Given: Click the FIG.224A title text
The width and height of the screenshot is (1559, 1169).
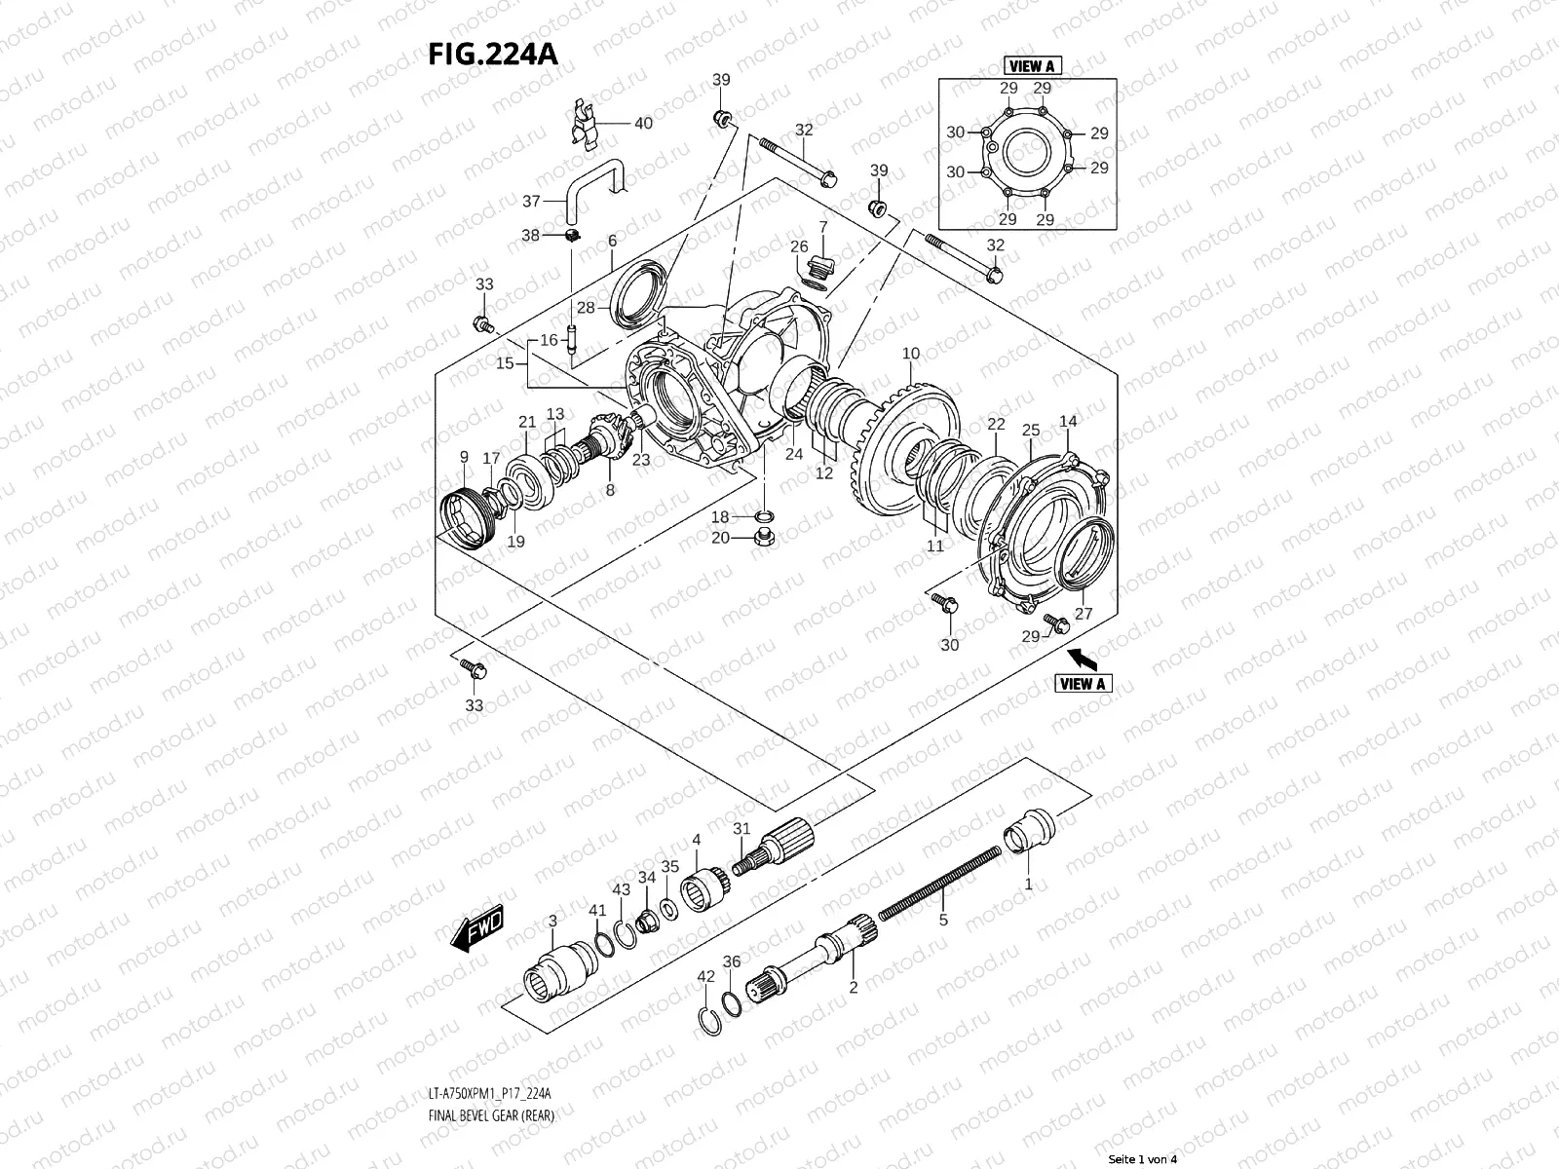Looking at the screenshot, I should pos(492,53).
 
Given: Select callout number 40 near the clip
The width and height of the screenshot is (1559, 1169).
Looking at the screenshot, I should pos(643,124).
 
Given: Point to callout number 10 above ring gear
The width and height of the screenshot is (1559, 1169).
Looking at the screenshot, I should pos(911,353).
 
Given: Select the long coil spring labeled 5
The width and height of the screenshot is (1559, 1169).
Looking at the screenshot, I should pos(940,881).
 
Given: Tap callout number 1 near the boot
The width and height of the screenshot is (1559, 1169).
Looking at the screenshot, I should pos(1028,885).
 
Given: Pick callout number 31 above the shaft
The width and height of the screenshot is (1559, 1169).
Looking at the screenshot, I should pos(742,828).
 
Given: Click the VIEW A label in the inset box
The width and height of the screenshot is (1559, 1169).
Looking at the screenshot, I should pos(1032,66).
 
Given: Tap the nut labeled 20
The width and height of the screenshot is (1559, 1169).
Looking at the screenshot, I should pos(765,539).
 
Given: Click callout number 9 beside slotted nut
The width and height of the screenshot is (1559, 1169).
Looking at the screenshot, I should pos(464,456).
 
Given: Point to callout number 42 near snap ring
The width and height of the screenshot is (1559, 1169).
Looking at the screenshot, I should pos(706,975).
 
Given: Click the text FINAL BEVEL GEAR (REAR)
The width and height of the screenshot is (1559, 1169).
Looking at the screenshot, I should pos(491,1143).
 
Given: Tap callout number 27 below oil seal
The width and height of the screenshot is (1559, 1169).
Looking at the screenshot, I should pos(1084,614).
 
